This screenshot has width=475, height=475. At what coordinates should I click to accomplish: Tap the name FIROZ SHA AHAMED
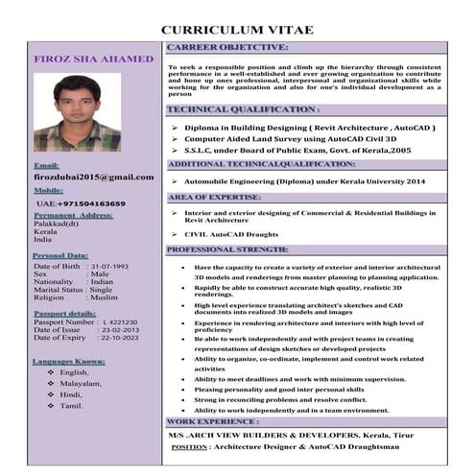(x=93, y=59)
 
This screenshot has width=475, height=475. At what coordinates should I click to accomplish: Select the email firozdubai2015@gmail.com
(x=93, y=178)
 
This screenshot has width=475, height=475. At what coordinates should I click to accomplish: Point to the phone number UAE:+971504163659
(x=81, y=204)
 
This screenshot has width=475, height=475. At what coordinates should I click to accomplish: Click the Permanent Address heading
(x=73, y=216)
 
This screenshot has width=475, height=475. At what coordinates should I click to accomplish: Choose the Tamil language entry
(x=71, y=406)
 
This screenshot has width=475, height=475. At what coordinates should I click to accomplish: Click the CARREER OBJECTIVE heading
(x=227, y=46)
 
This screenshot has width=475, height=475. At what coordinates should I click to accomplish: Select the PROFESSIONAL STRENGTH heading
(x=228, y=249)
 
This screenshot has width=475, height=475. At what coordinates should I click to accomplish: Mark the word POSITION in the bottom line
(x=189, y=447)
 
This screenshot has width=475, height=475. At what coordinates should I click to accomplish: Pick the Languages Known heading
(x=69, y=361)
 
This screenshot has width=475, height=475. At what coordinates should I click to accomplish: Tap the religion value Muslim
(x=103, y=297)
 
